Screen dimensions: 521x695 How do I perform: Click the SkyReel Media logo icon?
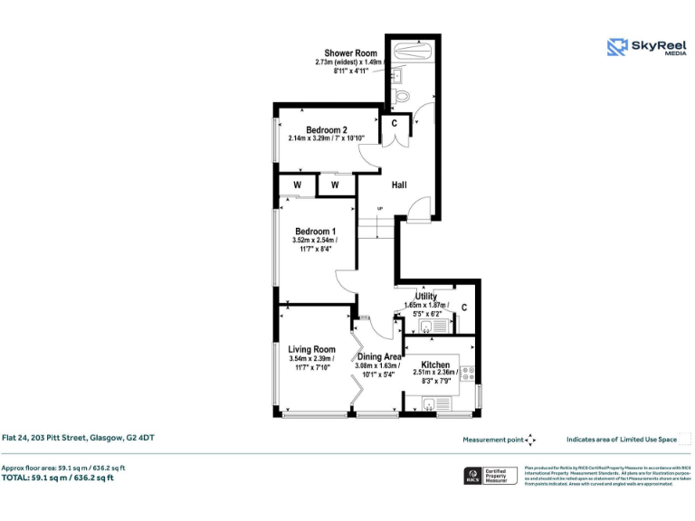pyautogui.click(x=617, y=47)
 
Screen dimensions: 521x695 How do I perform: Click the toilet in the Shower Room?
pyautogui.click(x=403, y=93)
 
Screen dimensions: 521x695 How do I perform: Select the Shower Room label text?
pyautogui.click(x=351, y=53)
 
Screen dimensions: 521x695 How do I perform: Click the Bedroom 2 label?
pyautogui.click(x=327, y=128)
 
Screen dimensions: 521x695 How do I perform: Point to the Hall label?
pyautogui.click(x=399, y=185)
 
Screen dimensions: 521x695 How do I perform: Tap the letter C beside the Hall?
pyautogui.click(x=394, y=123)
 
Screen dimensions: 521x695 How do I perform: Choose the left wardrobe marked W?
pyautogui.click(x=297, y=185)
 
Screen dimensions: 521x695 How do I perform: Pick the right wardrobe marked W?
pyautogui.click(x=334, y=185)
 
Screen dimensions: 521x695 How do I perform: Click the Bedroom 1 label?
pyautogui.click(x=315, y=232)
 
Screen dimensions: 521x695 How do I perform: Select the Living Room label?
pyautogui.click(x=312, y=349)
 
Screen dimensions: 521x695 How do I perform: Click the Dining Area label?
pyautogui.click(x=379, y=356)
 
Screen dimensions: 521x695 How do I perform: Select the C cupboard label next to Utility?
pyautogui.click(x=463, y=308)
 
